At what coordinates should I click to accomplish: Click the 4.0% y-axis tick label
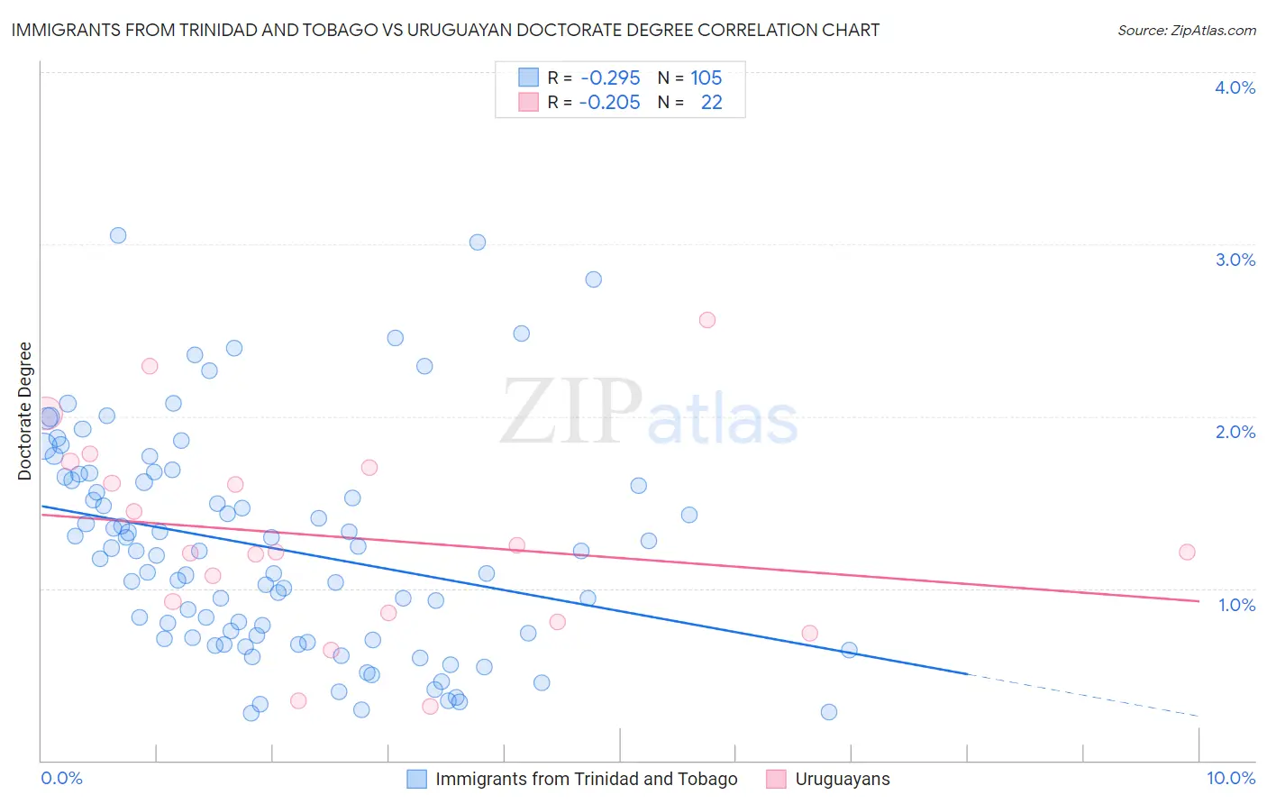1235,87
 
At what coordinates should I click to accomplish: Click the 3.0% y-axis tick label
1235,260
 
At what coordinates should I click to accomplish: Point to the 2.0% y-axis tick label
1235,432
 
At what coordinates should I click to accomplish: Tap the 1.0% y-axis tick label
1236,605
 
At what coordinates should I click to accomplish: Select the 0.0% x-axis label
61,778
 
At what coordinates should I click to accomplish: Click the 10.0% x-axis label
1230,778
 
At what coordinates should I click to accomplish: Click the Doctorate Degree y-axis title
25,411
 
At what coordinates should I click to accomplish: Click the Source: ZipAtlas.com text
1186,31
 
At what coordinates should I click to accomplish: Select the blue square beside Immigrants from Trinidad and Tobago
416,779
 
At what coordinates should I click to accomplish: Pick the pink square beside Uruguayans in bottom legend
776,779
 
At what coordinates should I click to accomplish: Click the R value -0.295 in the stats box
610,78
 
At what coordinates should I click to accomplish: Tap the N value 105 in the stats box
706,78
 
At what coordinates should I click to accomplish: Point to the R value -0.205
610,102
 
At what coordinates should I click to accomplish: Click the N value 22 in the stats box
711,102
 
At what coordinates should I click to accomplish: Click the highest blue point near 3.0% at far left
118,235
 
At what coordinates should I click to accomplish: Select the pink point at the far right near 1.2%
1187,552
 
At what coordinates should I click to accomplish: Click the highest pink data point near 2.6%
707,320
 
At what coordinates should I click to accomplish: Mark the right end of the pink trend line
1199,601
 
